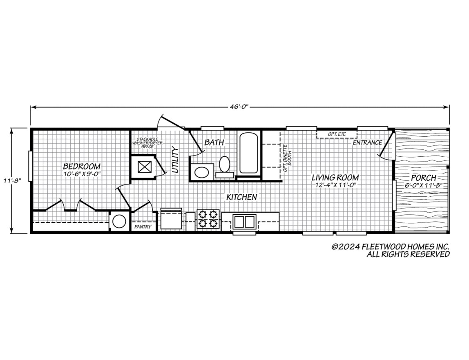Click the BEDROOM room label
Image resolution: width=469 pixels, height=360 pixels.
(x=82, y=166)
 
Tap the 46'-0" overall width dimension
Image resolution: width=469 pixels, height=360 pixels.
(x=239, y=107)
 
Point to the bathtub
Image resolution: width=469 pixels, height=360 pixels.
(x=248, y=153)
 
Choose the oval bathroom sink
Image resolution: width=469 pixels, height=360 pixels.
(x=202, y=172)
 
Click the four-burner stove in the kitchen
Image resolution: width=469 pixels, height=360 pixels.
(x=208, y=219)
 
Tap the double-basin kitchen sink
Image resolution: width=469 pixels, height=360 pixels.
(x=244, y=222)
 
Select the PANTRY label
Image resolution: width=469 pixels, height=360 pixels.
(x=143, y=227)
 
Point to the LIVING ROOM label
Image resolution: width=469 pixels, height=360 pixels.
(x=335, y=178)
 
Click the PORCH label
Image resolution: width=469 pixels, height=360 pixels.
(x=424, y=178)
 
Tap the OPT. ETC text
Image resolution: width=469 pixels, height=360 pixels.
(x=337, y=134)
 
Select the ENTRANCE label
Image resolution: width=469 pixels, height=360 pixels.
(x=367, y=142)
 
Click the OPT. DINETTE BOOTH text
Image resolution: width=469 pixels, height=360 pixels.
(x=287, y=158)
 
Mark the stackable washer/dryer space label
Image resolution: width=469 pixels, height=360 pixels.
(x=147, y=143)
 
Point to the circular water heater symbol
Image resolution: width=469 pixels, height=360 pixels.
(x=119, y=222)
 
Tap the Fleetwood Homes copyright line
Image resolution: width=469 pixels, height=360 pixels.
(x=390, y=247)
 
